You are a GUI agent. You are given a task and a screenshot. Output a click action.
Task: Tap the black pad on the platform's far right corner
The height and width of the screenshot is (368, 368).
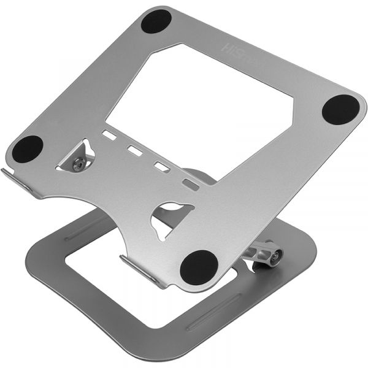pos(340,110)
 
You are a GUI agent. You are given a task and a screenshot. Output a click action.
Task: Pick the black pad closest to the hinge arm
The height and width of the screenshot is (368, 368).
pos(198,266)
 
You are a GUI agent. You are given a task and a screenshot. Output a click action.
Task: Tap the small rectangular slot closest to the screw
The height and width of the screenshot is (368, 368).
pos(109,134)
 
